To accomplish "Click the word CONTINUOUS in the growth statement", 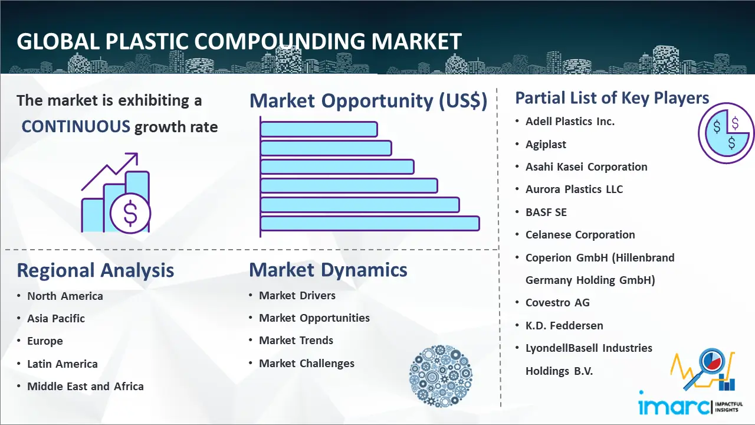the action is coord(75,127).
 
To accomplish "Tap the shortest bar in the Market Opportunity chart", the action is coord(319,129).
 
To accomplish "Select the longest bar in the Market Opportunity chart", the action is coord(370,224).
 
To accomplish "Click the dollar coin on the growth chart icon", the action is coord(130,214).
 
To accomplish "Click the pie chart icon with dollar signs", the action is coord(726,133).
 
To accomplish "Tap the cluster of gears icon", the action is coord(441,376).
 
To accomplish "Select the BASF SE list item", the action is coord(546,212).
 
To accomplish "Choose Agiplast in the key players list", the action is coord(546,145).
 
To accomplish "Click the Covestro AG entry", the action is coord(557,303).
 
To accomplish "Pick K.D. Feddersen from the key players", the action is coord(564,325).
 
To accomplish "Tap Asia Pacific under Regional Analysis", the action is coord(56,318).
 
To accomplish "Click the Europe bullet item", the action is coord(45,341).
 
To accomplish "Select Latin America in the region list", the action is coord(63,364).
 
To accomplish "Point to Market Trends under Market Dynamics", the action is coord(296,341).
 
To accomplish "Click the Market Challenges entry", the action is coord(307,363).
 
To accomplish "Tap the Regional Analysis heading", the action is coord(96,270).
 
